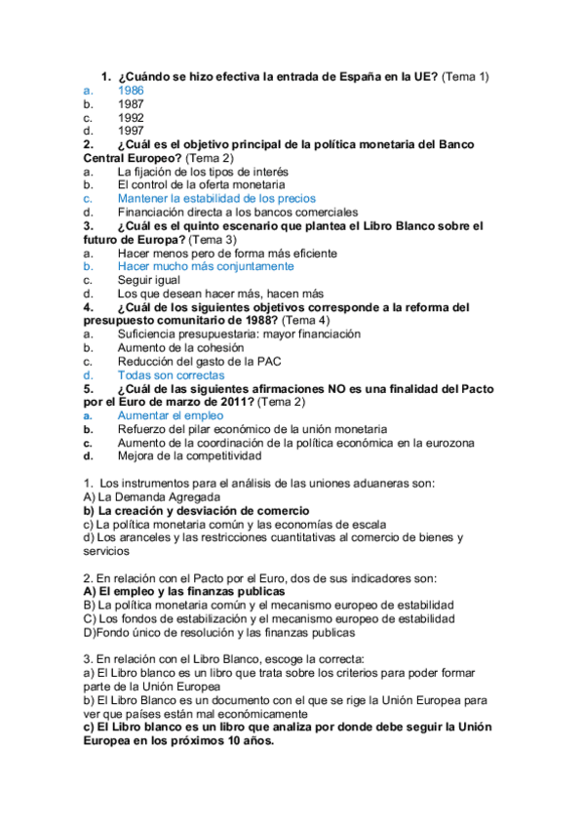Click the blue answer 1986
(x=131, y=90)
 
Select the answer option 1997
(x=131, y=131)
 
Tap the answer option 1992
(x=131, y=117)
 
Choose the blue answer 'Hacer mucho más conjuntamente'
(x=205, y=265)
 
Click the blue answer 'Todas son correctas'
(x=171, y=374)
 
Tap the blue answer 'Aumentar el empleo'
(x=171, y=415)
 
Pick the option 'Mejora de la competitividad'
(x=189, y=455)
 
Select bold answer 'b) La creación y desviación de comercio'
(x=196, y=510)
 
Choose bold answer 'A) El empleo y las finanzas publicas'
(x=184, y=591)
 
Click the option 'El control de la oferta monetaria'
(x=201, y=184)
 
